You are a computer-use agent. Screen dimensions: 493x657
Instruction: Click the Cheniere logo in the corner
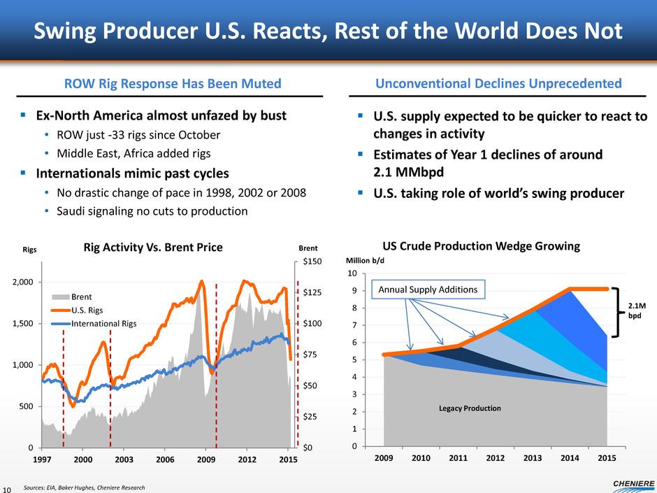pos(623,483)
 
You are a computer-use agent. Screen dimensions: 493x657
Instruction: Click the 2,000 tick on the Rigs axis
pos(24,282)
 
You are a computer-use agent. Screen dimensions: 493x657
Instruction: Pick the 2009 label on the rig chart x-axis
pos(205,459)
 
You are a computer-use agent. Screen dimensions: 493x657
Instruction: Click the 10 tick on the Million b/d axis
pos(373,273)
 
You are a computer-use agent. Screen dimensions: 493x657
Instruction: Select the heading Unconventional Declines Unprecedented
pos(498,84)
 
